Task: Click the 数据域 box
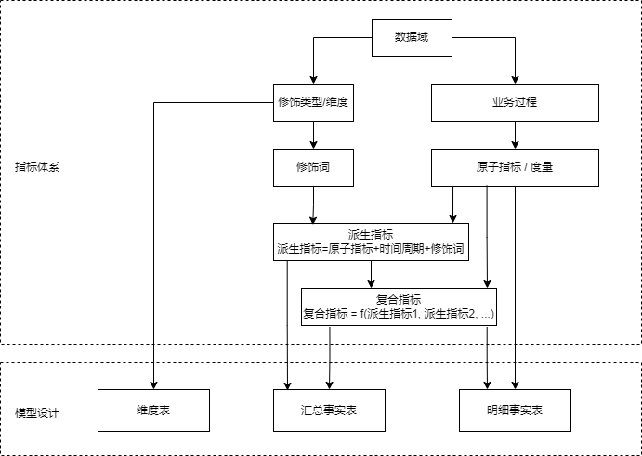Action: [412, 37]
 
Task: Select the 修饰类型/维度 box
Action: [314, 102]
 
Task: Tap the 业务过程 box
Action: [515, 102]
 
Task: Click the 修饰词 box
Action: [314, 167]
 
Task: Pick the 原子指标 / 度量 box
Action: [515, 167]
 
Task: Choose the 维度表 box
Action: [153, 410]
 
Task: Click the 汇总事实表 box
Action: [329, 410]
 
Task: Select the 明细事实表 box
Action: [515, 410]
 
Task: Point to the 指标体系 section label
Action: [37, 167]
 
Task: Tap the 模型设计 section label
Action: [37, 412]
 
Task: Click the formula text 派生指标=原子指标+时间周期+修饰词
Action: [371, 249]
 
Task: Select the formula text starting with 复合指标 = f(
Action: [399, 314]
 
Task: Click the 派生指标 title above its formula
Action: [371, 235]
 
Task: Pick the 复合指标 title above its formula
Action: [399, 300]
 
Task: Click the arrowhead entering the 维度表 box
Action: [153, 385]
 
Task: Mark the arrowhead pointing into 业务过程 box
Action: [515, 80]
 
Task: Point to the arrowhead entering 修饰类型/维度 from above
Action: [314, 80]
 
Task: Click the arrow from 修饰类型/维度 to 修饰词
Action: [314, 135]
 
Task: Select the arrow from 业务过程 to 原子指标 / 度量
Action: [515, 135]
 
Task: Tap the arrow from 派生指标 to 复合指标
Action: [371, 274]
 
